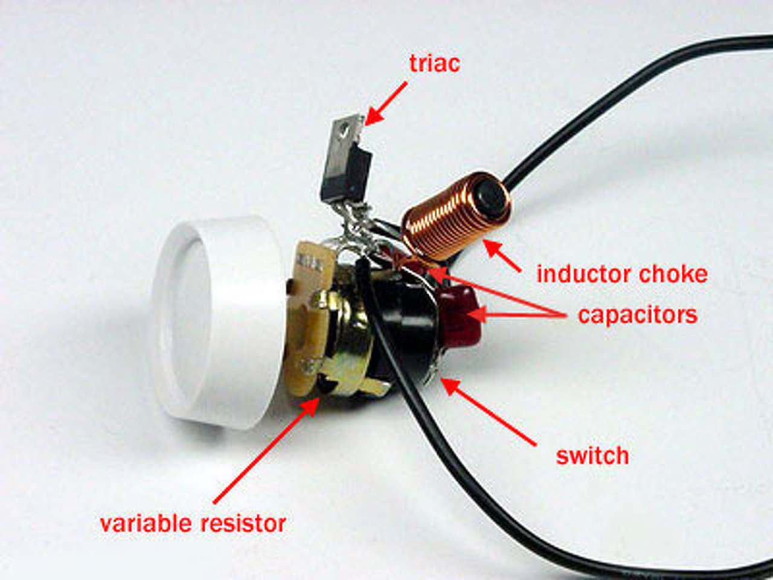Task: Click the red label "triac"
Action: pyautogui.click(x=434, y=63)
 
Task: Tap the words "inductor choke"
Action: pyautogui.click(x=621, y=274)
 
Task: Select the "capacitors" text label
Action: pyautogui.click(x=637, y=315)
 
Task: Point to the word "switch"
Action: pyautogui.click(x=592, y=456)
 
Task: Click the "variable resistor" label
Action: pyautogui.click(x=193, y=523)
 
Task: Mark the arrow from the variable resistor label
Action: pyautogui.click(x=266, y=450)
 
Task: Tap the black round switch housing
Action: pyautogui.click(x=405, y=326)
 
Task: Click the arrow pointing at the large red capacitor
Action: pyautogui.click(x=513, y=314)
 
